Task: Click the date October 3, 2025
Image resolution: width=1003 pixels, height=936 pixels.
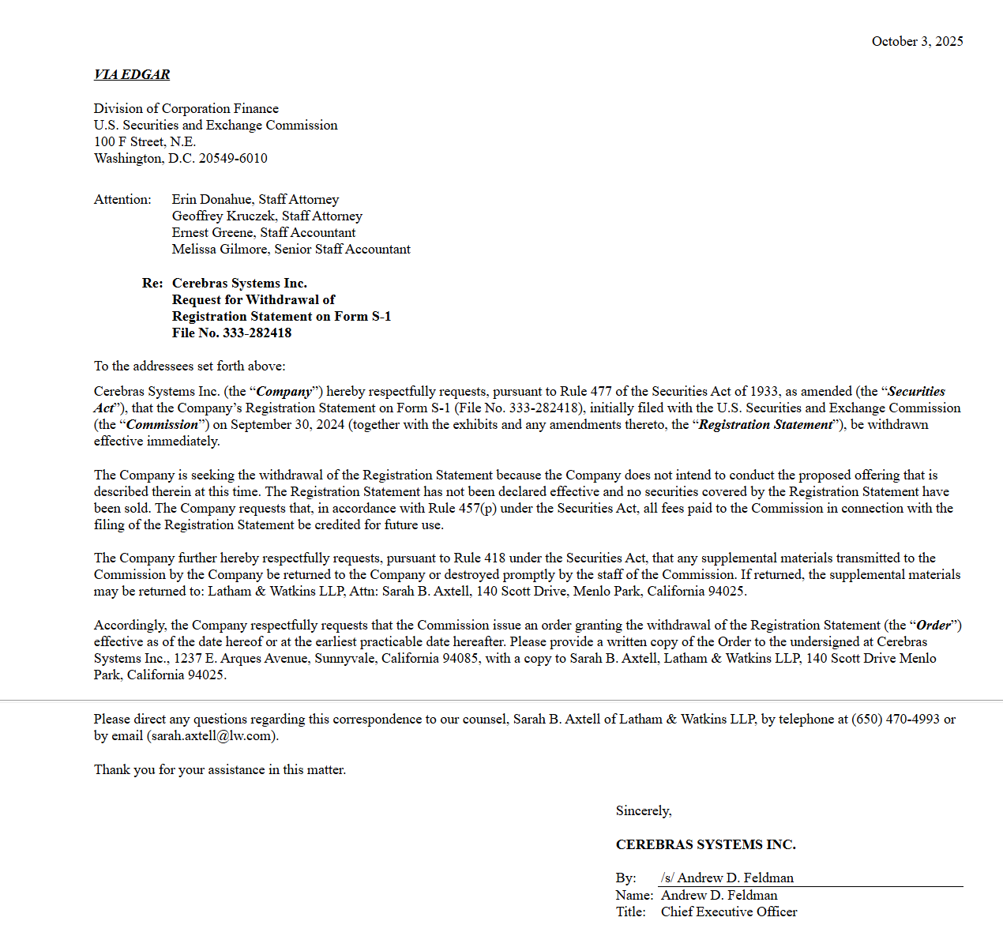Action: tap(917, 41)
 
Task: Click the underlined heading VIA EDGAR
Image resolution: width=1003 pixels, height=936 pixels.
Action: tap(132, 74)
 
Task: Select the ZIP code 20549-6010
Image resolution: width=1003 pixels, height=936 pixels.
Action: tap(233, 158)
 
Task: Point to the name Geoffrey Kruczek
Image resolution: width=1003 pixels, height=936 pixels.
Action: tap(224, 216)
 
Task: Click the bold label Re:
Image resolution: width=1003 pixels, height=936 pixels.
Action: tap(152, 283)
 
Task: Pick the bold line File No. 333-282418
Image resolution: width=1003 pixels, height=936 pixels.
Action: tap(231, 333)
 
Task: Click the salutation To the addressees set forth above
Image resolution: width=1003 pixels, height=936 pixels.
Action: tap(190, 366)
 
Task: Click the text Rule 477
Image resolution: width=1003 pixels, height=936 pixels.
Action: tap(586, 391)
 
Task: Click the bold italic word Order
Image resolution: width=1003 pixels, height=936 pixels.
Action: tap(934, 625)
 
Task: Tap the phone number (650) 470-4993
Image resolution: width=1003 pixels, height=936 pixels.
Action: tap(896, 719)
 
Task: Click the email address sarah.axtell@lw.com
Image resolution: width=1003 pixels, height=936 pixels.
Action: tap(211, 735)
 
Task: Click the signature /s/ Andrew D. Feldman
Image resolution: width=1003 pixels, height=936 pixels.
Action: tap(727, 878)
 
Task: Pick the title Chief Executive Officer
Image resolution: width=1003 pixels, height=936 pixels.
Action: tap(729, 912)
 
